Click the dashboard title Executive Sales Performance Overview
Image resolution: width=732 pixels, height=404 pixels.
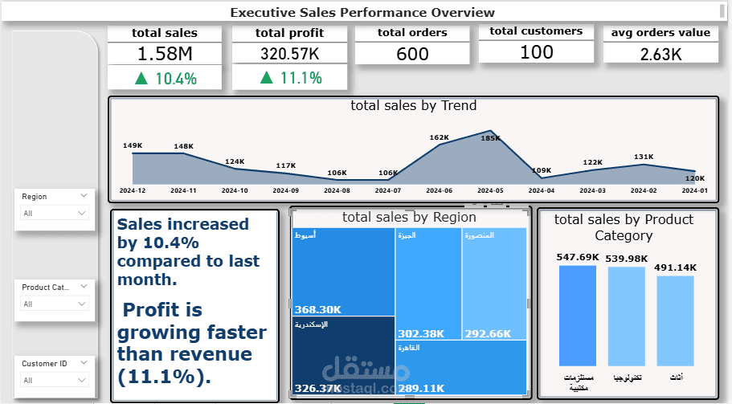[x=362, y=12]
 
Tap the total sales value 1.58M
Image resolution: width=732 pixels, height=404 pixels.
[x=165, y=54]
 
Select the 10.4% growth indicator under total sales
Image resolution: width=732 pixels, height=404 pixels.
[x=165, y=78]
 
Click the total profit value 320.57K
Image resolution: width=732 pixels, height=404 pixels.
[x=289, y=54]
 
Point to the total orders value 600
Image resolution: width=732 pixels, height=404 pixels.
[x=412, y=54]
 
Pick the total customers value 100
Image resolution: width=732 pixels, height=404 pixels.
[x=536, y=52]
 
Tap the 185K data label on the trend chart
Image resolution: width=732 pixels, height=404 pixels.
[x=490, y=138]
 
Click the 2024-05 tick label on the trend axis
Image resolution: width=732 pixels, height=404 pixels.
[x=490, y=190]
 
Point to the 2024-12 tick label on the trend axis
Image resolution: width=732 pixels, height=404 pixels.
[x=133, y=190]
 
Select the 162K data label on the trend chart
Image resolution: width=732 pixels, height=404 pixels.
[x=440, y=137]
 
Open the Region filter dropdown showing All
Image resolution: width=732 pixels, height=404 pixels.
[x=55, y=213]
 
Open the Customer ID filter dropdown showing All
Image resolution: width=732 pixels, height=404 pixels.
[x=55, y=380]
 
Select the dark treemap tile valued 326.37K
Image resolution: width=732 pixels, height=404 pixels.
[x=343, y=357]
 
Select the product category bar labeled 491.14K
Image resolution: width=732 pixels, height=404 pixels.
[x=675, y=320]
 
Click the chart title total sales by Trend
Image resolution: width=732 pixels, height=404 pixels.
[x=413, y=105]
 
